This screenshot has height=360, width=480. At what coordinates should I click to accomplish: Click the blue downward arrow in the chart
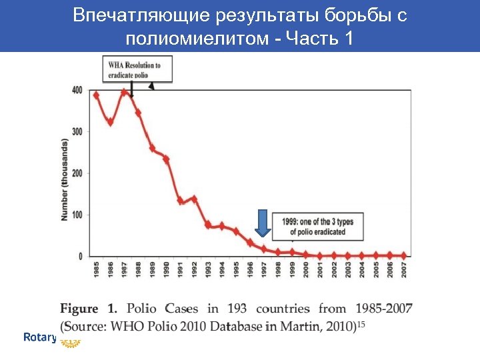(263, 223)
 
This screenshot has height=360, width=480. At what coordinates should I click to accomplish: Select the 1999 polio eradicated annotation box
(322, 227)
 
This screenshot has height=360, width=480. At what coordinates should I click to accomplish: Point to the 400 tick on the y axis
(77, 91)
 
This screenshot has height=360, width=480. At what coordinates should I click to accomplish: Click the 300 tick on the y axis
(77, 132)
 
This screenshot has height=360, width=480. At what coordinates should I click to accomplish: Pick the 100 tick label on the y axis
(77, 215)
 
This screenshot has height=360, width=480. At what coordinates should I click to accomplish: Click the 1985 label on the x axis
(97, 270)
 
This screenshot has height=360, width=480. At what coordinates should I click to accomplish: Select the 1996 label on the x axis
(251, 270)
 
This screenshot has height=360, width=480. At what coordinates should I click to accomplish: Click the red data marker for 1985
(97, 95)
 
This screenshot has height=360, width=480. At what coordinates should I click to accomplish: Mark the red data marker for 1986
(111, 122)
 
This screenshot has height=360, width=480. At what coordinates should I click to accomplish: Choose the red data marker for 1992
(195, 199)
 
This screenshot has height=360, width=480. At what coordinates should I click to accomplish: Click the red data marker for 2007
(404, 255)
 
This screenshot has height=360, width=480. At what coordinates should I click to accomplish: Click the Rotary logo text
(39, 337)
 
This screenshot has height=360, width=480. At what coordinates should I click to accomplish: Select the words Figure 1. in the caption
(89, 309)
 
